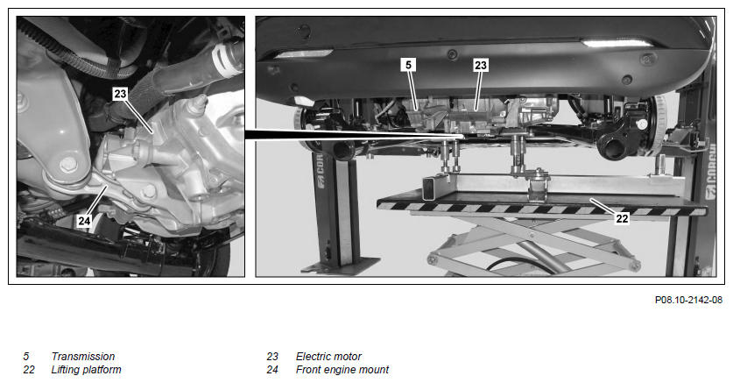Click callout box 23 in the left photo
click(x=120, y=94)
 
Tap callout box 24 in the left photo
click(x=84, y=220)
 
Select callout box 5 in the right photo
click(x=409, y=65)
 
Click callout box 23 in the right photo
click(x=481, y=66)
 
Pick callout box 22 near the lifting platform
click(x=622, y=218)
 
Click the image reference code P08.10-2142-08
click(x=688, y=300)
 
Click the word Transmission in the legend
click(x=82, y=357)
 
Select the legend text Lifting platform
click(x=86, y=370)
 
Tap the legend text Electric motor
click(x=328, y=357)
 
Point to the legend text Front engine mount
click(x=342, y=370)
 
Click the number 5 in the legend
click(x=26, y=357)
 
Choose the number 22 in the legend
click(x=29, y=370)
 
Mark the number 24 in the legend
click(x=272, y=370)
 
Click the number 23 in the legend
click(x=272, y=357)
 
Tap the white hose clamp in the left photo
click(x=224, y=60)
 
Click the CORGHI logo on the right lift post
click(x=710, y=170)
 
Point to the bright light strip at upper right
click(x=617, y=43)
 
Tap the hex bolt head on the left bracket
click(x=68, y=164)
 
